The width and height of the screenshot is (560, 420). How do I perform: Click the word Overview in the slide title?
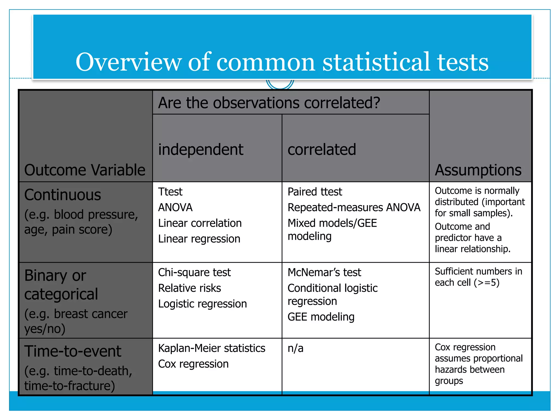(x=129, y=62)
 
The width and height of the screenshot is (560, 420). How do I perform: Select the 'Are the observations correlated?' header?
(x=269, y=103)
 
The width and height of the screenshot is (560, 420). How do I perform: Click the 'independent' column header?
(x=201, y=150)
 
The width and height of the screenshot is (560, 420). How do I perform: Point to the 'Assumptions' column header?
(x=478, y=170)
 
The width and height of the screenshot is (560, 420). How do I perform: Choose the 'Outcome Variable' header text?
(x=85, y=170)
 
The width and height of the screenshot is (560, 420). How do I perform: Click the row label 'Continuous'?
(x=63, y=195)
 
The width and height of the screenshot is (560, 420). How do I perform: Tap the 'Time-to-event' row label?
(x=73, y=351)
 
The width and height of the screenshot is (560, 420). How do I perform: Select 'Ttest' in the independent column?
(x=170, y=192)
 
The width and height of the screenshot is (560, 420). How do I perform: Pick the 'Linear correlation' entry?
(x=200, y=223)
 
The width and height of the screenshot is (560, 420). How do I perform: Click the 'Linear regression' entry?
(x=199, y=239)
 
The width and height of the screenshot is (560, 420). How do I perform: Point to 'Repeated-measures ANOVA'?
(x=354, y=208)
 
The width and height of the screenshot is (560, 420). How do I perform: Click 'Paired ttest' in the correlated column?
(x=315, y=192)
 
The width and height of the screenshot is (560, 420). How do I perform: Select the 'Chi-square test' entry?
(x=194, y=272)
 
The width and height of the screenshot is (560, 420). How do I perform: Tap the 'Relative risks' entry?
(x=189, y=288)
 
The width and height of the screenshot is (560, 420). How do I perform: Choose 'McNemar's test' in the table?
(x=324, y=272)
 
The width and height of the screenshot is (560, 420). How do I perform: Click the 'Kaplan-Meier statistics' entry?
(x=212, y=348)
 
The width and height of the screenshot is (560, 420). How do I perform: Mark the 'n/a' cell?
(x=296, y=348)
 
